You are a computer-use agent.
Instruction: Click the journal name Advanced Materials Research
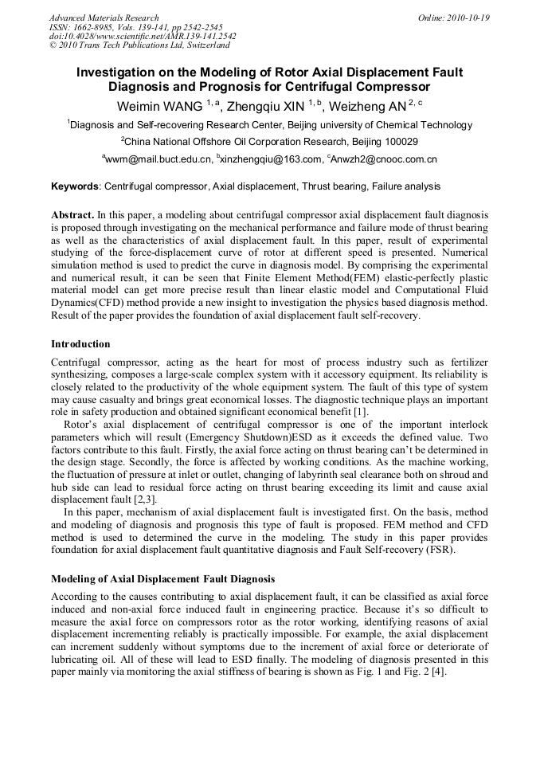[x=104, y=18]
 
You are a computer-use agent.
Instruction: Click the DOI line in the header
[x=143, y=37]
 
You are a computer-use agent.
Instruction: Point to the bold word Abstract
[x=72, y=216]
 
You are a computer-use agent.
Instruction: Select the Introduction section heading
[x=80, y=344]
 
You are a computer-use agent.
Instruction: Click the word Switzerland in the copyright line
[x=206, y=46]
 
